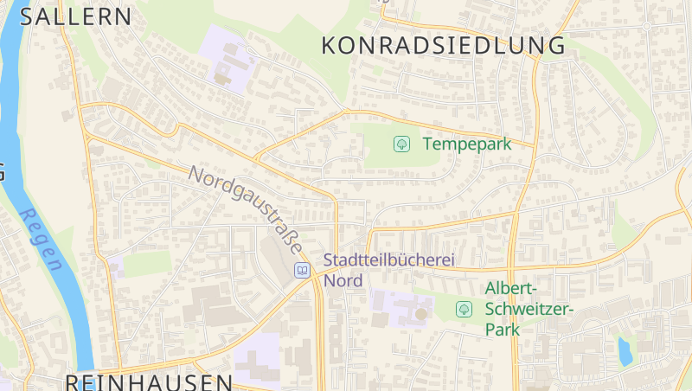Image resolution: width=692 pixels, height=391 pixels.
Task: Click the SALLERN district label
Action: click(x=76, y=16)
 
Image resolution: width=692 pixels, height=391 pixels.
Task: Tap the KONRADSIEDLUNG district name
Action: click(x=443, y=46)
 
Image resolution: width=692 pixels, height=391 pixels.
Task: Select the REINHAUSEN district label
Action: click(x=149, y=381)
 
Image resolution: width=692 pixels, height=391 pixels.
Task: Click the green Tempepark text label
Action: click(x=467, y=144)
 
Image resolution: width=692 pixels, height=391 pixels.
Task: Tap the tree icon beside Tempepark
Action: click(x=401, y=144)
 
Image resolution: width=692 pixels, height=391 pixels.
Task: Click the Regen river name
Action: click(x=41, y=240)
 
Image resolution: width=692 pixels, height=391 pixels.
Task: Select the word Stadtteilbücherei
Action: click(x=388, y=260)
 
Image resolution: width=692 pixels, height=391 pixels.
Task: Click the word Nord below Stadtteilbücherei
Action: click(x=343, y=279)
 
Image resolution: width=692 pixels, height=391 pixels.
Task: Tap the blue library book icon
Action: click(x=302, y=270)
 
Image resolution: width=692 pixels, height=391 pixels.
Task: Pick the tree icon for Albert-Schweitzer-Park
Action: click(x=464, y=308)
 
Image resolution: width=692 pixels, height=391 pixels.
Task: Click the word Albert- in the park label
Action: click(x=512, y=288)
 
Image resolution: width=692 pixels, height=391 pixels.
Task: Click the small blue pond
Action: click(x=623, y=350)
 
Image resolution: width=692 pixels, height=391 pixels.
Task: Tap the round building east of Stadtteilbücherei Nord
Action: click(x=421, y=313)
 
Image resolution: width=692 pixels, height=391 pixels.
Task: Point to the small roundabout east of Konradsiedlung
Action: click(x=646, y=28)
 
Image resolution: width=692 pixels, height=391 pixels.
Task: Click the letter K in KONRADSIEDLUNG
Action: click(x=330, y=46)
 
